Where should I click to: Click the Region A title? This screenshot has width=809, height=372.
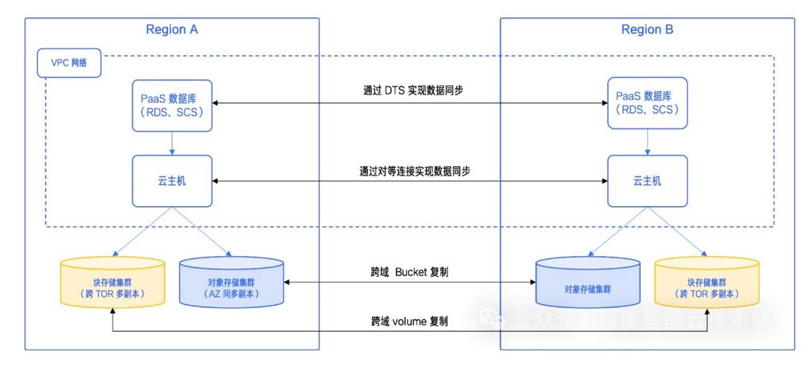coord(172,30)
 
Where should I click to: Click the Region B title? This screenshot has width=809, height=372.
coord(647,30)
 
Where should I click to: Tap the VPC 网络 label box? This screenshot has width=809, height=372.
coord(68,63)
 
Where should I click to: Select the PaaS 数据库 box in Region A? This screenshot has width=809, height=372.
coord(172,104)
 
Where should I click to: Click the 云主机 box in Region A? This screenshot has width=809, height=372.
coord(172,181)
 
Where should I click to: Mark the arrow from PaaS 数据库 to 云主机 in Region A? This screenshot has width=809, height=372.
coord(172,141)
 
